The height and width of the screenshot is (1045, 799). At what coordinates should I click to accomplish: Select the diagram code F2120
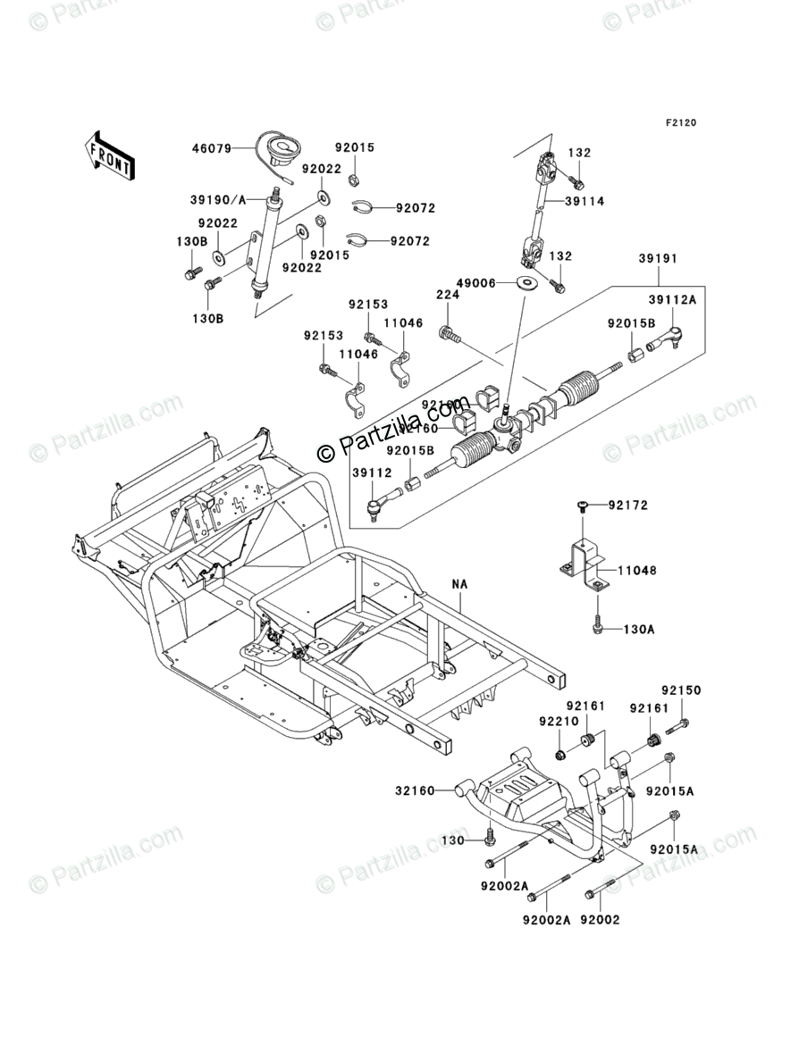click(x=678, y=122)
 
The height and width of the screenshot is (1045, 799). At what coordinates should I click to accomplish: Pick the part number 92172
click(x=628, y=506)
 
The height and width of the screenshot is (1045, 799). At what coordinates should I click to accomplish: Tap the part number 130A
click(x=638, y=630)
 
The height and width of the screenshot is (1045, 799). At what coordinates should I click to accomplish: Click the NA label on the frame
click(x=460, y=584)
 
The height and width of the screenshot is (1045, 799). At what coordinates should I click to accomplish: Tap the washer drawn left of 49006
click(x=526, y=284)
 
